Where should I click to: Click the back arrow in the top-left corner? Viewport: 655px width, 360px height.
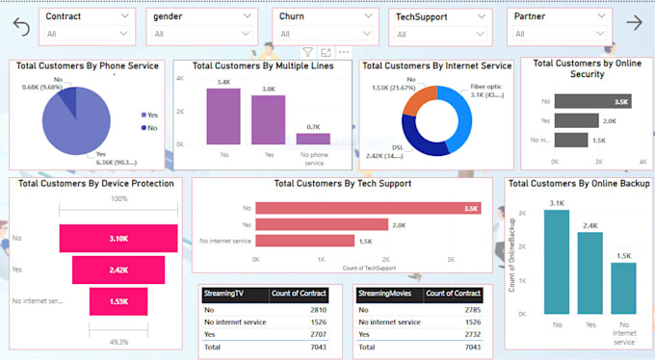[x=21, y=27]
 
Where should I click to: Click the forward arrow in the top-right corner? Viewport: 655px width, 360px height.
[x=634, y=24]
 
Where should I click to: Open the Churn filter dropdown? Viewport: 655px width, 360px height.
[x=322, y=34]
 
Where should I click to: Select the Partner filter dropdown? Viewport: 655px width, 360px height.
[x=558, y=34]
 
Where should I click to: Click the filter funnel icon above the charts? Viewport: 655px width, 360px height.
[x=307, y=52]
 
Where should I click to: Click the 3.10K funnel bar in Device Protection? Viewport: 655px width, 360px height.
[x=118, y=238]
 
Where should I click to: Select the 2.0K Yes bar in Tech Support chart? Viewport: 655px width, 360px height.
[x=316, y=224]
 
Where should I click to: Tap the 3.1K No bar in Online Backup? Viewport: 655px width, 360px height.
[x=556, y=261]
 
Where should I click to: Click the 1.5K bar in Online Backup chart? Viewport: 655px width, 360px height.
[x=623, y=287]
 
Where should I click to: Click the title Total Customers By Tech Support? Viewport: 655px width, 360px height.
[x=342, y=183]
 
